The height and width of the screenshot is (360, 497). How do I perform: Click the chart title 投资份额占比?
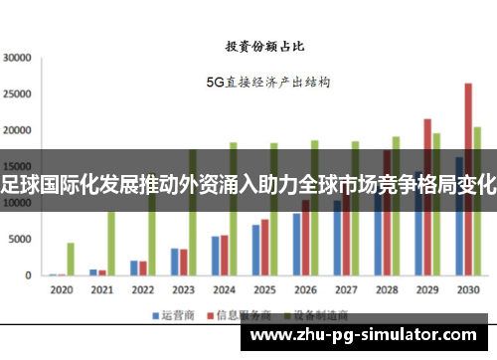264,46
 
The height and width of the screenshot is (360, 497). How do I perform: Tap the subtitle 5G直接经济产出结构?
267,82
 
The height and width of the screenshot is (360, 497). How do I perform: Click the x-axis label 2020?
62,289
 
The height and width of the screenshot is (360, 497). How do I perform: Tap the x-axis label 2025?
264,289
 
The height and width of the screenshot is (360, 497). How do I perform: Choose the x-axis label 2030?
468,289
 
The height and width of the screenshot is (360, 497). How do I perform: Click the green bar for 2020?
71,259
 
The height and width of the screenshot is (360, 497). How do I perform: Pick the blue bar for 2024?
216,256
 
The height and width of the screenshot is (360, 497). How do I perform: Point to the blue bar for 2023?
175,262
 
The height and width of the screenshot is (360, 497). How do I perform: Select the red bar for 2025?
264,248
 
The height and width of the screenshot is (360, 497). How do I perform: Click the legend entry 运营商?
172,315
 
